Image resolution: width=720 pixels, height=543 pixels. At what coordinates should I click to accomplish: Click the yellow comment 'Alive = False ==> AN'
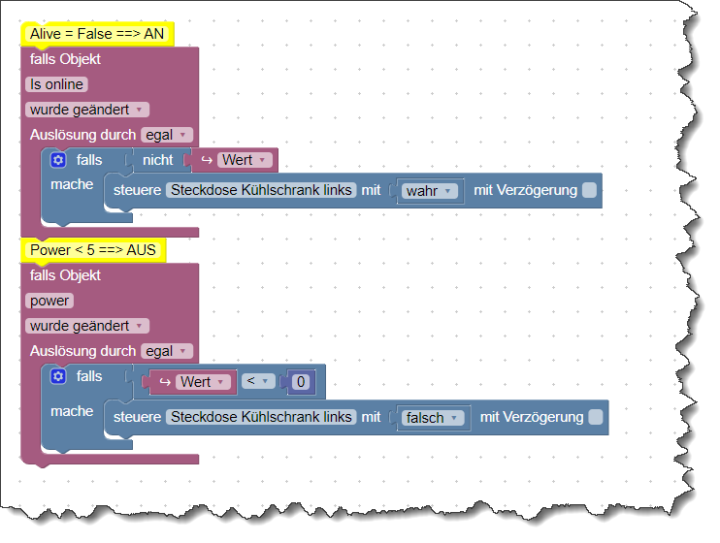(x=97, y=34)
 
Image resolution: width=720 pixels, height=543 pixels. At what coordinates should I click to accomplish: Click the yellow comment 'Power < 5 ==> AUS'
(x=93, y=250)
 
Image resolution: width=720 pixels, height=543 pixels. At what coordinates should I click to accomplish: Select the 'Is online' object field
(x=56, y=84)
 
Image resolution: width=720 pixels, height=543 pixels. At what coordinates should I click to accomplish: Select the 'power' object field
(x=49, y=301)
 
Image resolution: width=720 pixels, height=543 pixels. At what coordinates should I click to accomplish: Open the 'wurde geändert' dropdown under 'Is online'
(x=87, y=110)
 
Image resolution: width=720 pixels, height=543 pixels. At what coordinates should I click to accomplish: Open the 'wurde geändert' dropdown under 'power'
(x=87, y=326)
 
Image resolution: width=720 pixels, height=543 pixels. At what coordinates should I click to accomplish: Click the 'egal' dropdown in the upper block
(x=167, y=135)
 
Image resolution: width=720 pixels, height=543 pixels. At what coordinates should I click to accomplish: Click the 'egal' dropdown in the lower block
(x=167, y=351)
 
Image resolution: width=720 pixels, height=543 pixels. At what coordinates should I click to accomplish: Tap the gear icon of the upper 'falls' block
(x=58, y=160)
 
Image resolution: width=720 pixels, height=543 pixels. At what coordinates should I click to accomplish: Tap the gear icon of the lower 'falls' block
(x=58, y=376)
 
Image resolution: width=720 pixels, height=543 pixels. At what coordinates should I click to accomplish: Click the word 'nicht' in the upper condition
(x=157, y=160)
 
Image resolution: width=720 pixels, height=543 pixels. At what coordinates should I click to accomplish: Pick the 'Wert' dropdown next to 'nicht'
(x=245, y=160)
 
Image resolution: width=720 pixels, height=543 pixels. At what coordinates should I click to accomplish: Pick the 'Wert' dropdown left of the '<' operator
(x=203, y=382)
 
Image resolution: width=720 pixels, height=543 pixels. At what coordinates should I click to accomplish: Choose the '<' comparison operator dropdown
(x=258, y=381)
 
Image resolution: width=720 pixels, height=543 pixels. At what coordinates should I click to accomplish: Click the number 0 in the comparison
(x=301, y=382)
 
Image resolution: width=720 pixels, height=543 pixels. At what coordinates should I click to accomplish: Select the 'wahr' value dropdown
(x=430, y=191)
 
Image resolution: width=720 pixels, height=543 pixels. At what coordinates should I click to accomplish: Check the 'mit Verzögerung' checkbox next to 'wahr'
(x=589, y=190)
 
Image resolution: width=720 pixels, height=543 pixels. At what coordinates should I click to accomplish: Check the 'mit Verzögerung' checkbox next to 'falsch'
(x=596, y=417)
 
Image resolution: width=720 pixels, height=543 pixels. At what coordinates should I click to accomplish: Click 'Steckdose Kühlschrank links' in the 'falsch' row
(x=261, y=417)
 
